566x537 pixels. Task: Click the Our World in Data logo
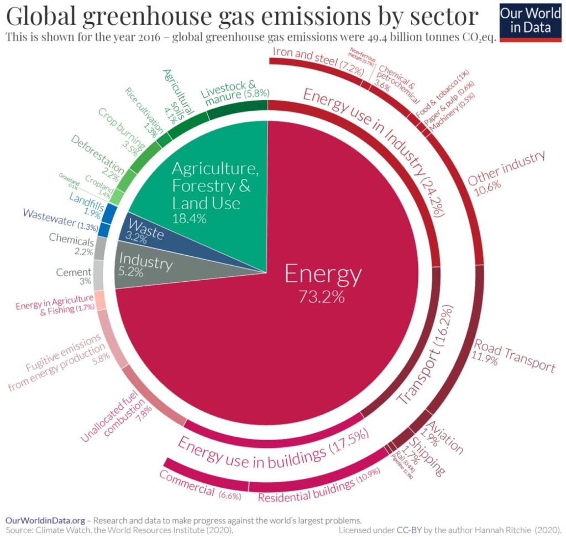(530, 21)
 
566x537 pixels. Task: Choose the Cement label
(74, 272)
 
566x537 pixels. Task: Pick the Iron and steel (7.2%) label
(313, 60)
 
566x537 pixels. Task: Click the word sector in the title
(439, 17)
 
